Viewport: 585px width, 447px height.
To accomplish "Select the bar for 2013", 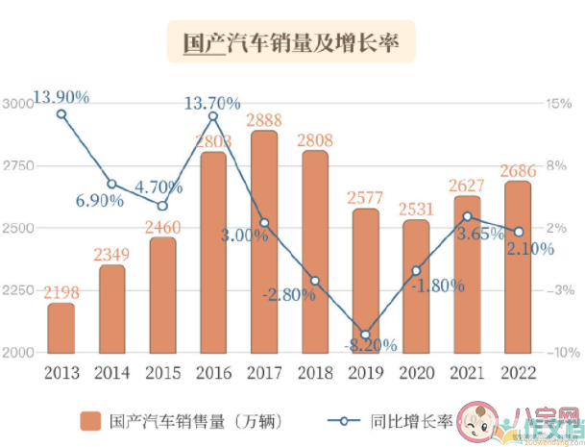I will pyautogui.click(x=61, y=329).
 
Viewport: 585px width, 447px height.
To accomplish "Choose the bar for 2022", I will pyautogui.click(x=517, y=267).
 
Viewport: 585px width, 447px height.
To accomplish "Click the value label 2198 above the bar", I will pyautogui.click(x=61, y=291).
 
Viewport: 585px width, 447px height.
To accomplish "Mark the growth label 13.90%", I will pyautogui.click(x=61, y=96).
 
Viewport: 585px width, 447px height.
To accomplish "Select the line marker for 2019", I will pyautogui.click(x=365, y=333).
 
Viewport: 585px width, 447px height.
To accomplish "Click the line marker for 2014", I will pyautogui.click(x=111, y=184).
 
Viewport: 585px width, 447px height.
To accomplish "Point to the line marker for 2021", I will pyautogui.click(x=467, y=217).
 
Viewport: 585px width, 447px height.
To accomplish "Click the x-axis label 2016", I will pyautogui.click(x=213, y=370).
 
